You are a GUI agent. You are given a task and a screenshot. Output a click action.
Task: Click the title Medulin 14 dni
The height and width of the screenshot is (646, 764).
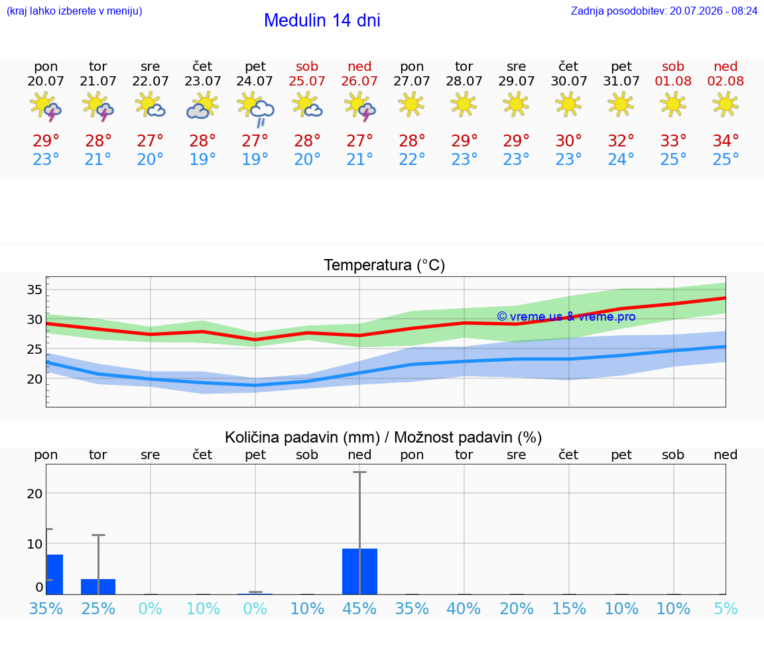(x=322, y=21)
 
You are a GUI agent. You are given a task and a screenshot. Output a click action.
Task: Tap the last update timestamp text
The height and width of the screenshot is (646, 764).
(x=664, y=11)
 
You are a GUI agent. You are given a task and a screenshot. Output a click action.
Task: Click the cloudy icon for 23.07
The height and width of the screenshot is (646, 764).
(x=203, y=106)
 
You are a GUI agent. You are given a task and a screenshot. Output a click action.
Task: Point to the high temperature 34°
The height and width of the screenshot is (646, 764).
(x=726, y=141)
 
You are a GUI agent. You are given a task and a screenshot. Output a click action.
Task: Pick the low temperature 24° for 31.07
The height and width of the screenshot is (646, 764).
(x=621, y=159)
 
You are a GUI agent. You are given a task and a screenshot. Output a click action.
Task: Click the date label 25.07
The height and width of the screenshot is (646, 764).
(x=307, y=81)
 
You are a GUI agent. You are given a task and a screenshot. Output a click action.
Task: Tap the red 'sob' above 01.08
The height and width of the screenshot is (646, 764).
(x=673, y=67)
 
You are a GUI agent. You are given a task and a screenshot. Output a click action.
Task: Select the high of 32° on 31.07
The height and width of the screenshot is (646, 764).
(x=621, y=141)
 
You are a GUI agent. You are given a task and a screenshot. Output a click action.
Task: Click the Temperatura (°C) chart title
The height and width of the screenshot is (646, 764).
(x=385, y=265)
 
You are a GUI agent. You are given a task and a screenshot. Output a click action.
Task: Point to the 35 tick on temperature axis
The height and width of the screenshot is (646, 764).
(x=34, y=290)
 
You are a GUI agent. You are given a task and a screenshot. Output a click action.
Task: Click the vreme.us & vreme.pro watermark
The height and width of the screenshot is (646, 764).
(x=566, y=317)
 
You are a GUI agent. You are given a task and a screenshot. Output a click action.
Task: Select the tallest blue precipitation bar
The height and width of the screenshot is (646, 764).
(x=359, y=572)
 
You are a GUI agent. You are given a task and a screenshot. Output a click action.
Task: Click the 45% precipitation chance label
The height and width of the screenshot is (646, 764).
(x=359, y=609)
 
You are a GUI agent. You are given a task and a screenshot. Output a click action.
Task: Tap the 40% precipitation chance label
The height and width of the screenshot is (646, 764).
(x=464, y=609)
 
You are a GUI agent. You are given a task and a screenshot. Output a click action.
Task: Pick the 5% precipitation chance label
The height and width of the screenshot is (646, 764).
(x=726, y=609)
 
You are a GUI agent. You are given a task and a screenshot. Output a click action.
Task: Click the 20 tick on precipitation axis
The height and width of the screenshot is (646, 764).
(x=34, y=494)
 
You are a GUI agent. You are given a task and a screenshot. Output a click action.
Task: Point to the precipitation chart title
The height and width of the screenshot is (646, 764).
(x=383, y=438)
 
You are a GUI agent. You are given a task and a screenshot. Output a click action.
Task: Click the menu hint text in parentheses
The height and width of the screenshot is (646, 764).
(x=74, y=11)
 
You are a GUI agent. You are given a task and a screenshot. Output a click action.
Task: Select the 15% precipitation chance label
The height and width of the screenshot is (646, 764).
(x=568, y=609)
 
